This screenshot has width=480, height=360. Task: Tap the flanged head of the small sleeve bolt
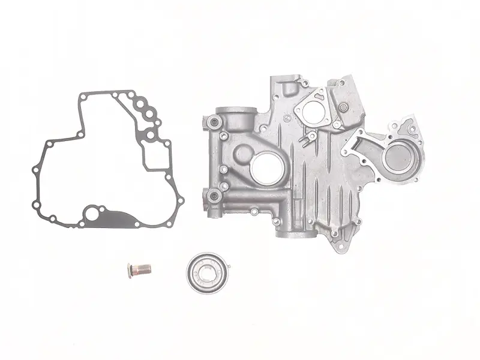pyautogui.click(x=129, y=271)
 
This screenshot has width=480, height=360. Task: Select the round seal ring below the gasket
pyautogui.click(x=206, y=274)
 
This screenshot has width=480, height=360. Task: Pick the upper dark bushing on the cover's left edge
pyautogui.click(x=212, y=123)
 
